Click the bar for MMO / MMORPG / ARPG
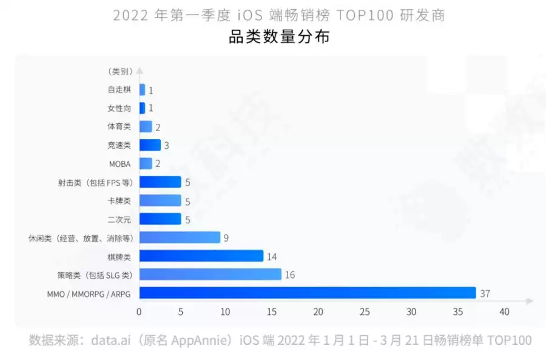308,293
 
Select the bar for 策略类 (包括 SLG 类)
211,275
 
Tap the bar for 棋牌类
201,256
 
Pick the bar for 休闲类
180,237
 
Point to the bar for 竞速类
150,145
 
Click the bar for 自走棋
142,90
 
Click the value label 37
484,294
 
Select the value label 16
289,275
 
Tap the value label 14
272,256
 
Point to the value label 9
226,238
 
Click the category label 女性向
119,109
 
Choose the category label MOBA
120,164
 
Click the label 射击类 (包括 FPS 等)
93,182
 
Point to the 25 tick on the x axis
364,312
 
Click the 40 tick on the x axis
504,312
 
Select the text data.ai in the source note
112,340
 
